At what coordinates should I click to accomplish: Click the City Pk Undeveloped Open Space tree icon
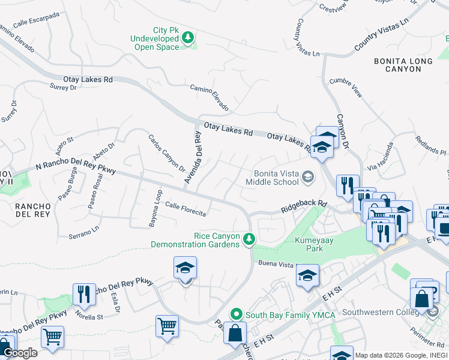tap(188, 38)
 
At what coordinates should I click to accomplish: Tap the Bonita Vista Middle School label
tap(276, 178)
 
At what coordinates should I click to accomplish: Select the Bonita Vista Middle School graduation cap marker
tap(308, 176)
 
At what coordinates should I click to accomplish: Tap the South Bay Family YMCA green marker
tap(237, 314)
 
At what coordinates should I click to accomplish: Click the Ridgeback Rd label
tap(304, 207)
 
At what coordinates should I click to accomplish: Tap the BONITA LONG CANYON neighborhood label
tap(403, 65)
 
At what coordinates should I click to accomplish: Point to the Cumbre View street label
tap(346, 86)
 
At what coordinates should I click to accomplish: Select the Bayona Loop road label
tap(155, 208)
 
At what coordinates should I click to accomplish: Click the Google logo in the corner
tap(20, 353)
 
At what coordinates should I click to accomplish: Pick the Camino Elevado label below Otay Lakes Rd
tap(209, 97)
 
